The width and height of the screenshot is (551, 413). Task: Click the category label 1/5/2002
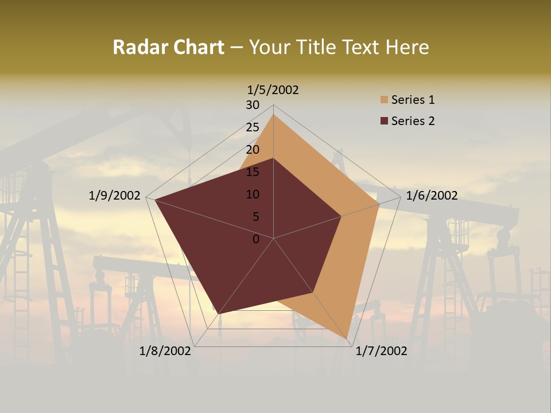tap(273, 90)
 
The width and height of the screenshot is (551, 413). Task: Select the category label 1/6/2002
tap(432, 196)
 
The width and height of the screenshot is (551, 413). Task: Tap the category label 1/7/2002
tap(381, 351)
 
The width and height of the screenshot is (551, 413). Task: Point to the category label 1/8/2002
tap(165, 351)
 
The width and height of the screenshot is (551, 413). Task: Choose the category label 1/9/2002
tap(115, 196)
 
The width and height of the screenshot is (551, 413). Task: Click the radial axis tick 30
tap(253, 105)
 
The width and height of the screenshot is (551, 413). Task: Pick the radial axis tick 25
tap(253, 127)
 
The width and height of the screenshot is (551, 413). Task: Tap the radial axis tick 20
tap(253, 150)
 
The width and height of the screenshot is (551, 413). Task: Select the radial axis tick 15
tap(253, 172)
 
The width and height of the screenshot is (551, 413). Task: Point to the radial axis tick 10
tap(253, 194)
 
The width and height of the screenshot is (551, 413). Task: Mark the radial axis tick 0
tap(256, 239)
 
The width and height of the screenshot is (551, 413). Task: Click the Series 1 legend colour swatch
tap(385, 100)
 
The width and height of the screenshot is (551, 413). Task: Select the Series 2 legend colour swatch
tap(385, 121)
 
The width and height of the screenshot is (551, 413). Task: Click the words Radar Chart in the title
tap(168, 48)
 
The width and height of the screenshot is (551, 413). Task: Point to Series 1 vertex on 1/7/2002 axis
tap(347, 339)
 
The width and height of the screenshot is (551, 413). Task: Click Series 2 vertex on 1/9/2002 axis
tap(154, 200)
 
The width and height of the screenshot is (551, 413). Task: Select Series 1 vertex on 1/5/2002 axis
tap(273, 114)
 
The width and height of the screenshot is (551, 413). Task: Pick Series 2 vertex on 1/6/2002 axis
tap(341, 216)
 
